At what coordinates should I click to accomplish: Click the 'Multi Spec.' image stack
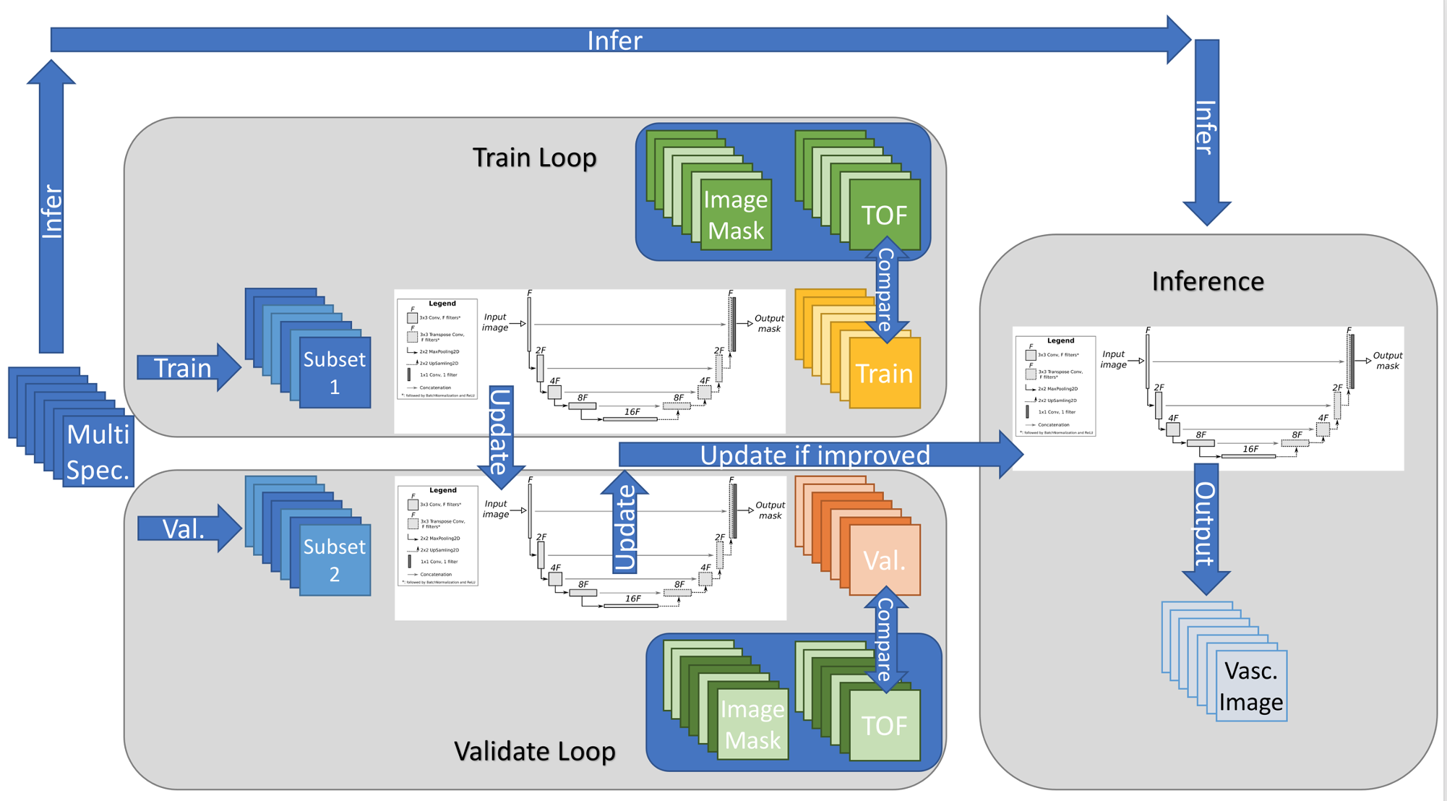(98, 451)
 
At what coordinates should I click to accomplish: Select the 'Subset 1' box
(335, 372)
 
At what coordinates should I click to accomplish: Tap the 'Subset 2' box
(335, 560)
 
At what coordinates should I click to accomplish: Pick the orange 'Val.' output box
(884, 560)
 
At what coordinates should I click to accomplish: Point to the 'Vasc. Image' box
(1251, 686)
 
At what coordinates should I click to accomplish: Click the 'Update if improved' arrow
(815, 455)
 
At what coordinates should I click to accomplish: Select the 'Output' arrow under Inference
(1206, 524)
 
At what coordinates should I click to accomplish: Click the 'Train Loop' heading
(534, 157)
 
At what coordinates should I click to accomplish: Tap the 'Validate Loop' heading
(534, 751)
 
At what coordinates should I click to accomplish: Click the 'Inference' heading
(1208, 281)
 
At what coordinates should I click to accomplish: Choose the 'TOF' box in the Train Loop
(884, 215)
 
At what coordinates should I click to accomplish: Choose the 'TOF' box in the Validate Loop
(884, 725)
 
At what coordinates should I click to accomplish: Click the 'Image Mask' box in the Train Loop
(735, 215)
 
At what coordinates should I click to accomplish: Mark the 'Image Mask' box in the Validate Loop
(752, 725)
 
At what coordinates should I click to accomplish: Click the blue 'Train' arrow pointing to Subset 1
(185, 368)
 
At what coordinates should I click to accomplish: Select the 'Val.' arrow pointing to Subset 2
(185, 529)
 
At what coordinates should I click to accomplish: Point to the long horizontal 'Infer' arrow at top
(614, 40)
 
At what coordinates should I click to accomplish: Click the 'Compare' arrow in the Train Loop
(886, 289)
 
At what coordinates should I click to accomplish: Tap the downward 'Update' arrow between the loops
(500, 434)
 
